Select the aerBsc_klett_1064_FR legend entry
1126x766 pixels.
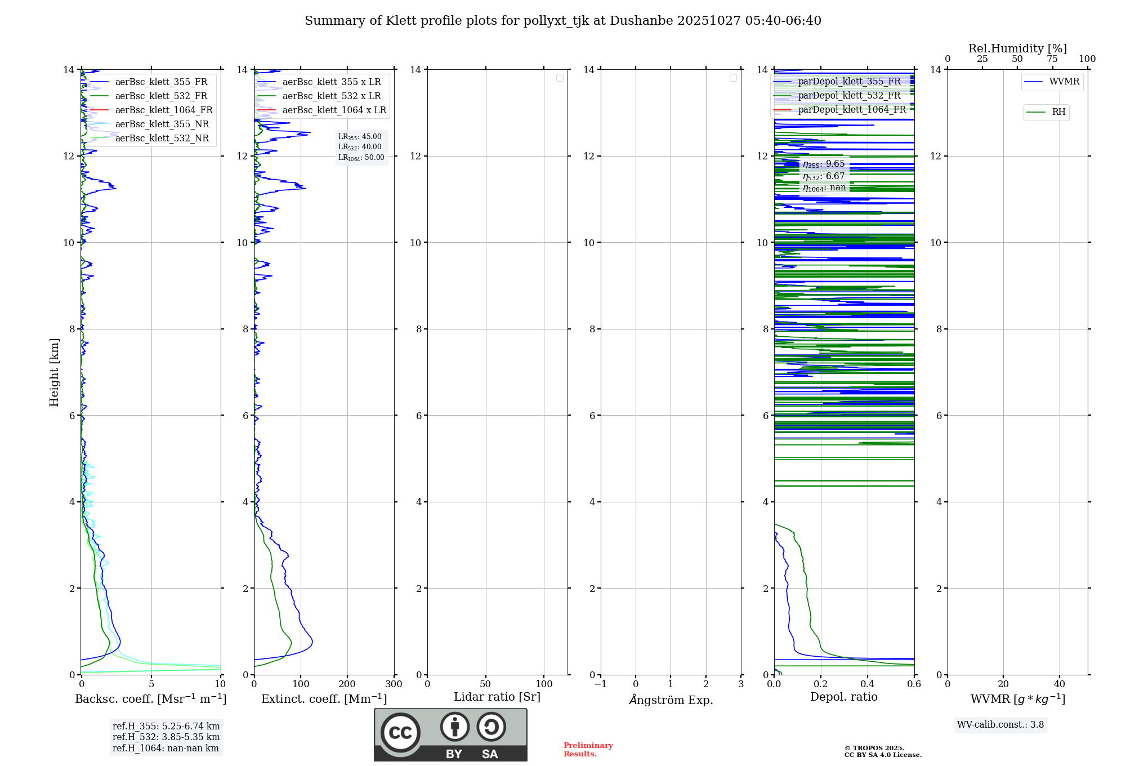pos(163,110)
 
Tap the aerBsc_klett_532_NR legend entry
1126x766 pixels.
pos(162,139)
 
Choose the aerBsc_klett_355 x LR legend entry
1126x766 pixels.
pos(331,82)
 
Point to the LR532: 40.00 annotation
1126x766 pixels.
pos(360,147)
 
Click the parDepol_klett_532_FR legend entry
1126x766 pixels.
pos(849,96)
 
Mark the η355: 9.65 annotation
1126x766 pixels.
pos(824,164)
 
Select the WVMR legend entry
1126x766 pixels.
pos(1064,82)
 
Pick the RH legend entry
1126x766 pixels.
pos(1058,112)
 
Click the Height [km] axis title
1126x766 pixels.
pos(54,372)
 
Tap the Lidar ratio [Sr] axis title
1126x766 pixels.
pos(497,697)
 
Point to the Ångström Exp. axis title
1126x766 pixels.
pos(671,700)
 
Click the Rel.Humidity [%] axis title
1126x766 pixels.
pos(1017,48)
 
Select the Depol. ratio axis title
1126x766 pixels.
pos(843,697)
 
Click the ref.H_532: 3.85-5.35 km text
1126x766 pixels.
pos(166,737)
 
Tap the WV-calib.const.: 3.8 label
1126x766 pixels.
pos(1000,725)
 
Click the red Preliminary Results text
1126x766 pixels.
pos(588,750)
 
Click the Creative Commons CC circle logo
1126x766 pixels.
pos(400,733)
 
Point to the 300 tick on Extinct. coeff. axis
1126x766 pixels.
pos(394,684)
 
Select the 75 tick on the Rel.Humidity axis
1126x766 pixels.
pos(1052,59)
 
